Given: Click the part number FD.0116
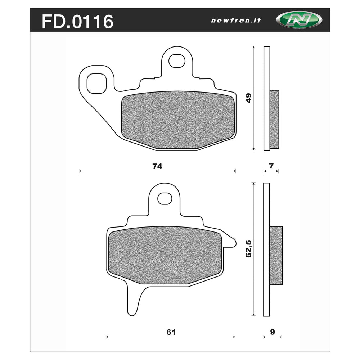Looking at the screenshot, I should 77,22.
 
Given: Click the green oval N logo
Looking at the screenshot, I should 299,20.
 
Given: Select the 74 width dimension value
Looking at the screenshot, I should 157,166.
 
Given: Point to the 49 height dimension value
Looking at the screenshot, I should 248,98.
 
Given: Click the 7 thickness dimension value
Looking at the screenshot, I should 271,166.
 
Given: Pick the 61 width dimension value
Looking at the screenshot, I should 171,332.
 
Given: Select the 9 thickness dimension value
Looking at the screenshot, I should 272,332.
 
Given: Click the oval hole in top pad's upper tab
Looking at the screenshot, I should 176,60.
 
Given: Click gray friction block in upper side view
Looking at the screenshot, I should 274,119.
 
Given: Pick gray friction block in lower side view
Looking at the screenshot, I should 276,255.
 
